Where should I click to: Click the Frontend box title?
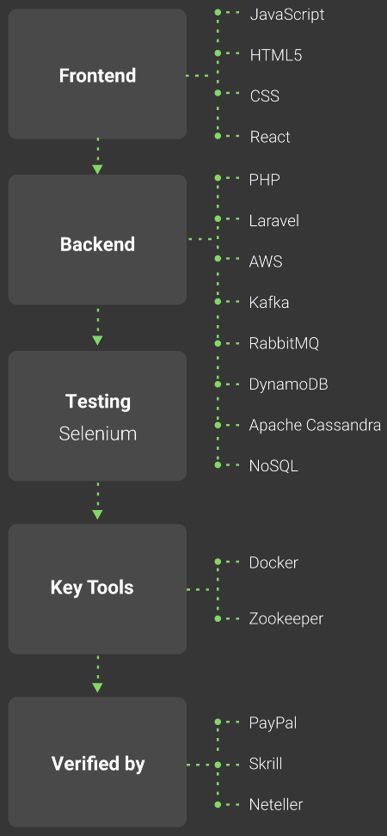97,76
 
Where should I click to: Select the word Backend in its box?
97,244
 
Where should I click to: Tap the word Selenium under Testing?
97,433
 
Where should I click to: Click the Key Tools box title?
92,587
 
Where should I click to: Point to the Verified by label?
98,764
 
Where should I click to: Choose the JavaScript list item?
287,15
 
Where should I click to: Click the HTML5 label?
276,55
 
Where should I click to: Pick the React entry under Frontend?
270,137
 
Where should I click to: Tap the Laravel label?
274,221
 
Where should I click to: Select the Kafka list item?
269,303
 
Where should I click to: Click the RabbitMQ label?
284,343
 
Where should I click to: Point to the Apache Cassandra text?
315,426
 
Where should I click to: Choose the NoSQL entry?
273,466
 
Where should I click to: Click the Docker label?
273,563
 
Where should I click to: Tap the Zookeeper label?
286,619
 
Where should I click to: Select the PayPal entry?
273,723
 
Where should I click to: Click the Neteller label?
276,804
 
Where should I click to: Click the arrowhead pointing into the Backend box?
97,169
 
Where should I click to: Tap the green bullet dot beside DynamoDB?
218,384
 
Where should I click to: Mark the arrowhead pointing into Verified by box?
97,688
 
